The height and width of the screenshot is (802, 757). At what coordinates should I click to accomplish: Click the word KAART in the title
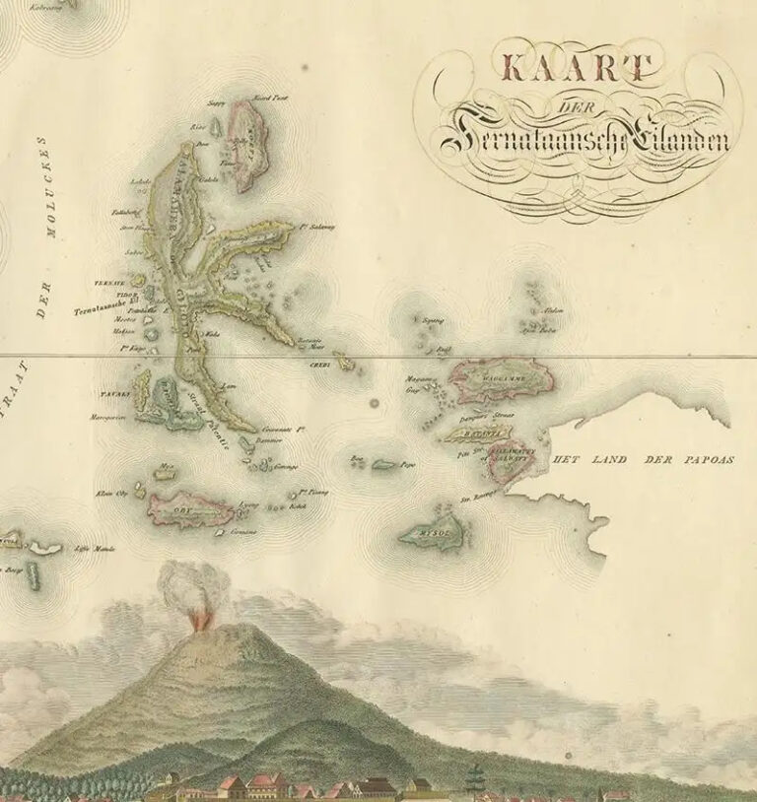[x=578, y=69]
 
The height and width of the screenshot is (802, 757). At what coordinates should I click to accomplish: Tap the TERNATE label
[x=106, y=283]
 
